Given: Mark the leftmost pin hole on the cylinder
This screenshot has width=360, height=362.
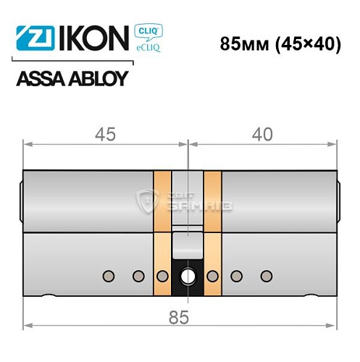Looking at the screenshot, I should coord(109,275).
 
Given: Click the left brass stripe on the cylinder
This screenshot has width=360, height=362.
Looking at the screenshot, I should coord(162,232).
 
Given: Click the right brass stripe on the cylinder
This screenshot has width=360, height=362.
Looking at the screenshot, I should coord(212,232).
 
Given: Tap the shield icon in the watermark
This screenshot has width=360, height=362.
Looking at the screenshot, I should coord(143,196).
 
